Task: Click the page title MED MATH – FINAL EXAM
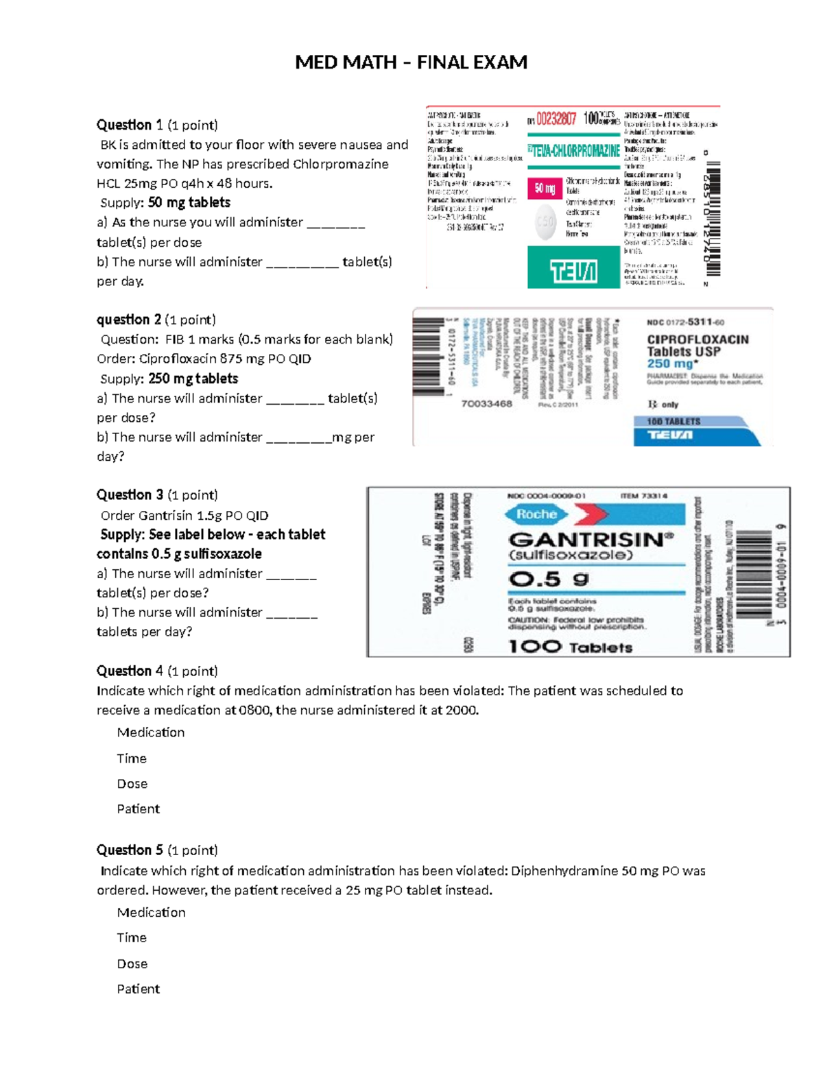tap(411, 62)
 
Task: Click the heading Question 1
tap(130, 125)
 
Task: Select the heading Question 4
tap(130, 671)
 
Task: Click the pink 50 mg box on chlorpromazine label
tap(545, 189)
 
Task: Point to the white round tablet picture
tap(545, 223)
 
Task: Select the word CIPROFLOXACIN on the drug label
tap(697, 339)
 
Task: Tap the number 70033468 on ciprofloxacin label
tap(486, 404)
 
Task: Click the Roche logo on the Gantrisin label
tap(536, 514)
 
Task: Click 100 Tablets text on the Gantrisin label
tap(570, 647)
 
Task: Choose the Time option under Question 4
tap(132, 758)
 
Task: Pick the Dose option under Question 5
tap(132, 964)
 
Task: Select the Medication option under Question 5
tap(151, 913)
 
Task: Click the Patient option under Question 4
tap(138, 809)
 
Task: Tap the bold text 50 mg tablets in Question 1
tap(189, 202)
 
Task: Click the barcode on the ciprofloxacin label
tap(429, 357)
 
